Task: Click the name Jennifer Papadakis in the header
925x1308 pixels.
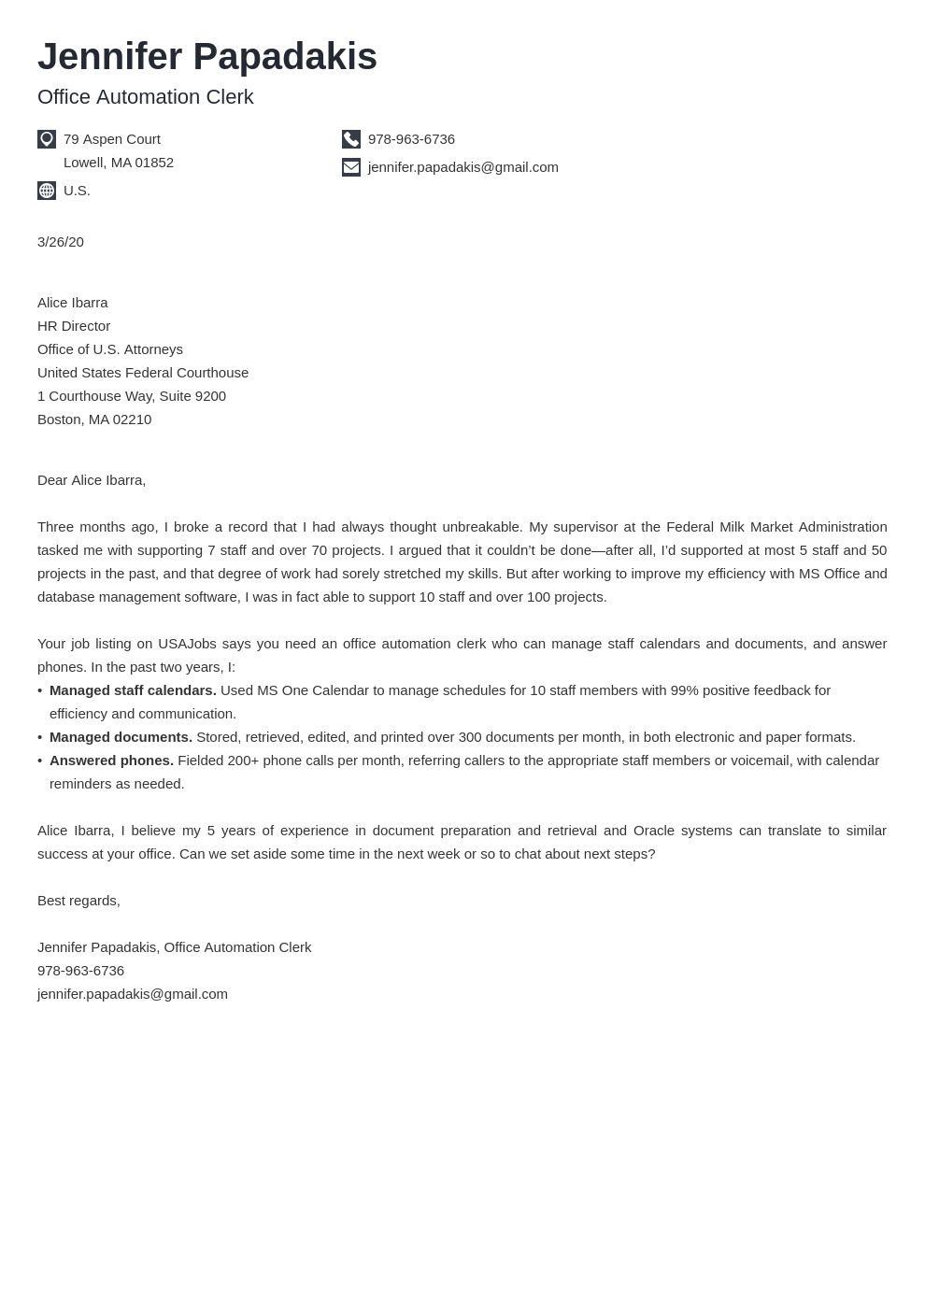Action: [x=206, y=57]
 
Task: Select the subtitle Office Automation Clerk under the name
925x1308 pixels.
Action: [x=145, y=97]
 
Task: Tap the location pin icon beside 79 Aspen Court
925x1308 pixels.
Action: [x=47, y=139]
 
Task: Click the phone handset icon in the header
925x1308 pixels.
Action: [x=351, y=139]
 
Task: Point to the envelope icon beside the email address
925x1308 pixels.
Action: [x=351, y=167]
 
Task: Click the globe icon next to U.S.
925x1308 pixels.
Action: [x=47, y=191]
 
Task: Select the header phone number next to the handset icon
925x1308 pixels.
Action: [x=411, y=139]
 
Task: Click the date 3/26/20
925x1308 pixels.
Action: [x=61, y=242]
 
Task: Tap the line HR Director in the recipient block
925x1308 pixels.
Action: [x=74, y=326]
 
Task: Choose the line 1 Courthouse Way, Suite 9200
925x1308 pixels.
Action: [x=132, y=396]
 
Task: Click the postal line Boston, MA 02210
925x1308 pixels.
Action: [x=94, y=419]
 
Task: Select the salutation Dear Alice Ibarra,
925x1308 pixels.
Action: [x=92, y=480]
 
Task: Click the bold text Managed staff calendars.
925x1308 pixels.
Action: [x=133, y=690]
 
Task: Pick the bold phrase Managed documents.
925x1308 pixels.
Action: [x=121, y=737]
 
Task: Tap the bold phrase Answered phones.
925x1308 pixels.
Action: [x=111, y=761]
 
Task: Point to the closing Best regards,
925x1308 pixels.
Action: [x=78, y=901]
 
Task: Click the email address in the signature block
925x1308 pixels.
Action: [x=133, y=994]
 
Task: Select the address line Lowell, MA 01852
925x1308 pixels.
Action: [x=119, y=163]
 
